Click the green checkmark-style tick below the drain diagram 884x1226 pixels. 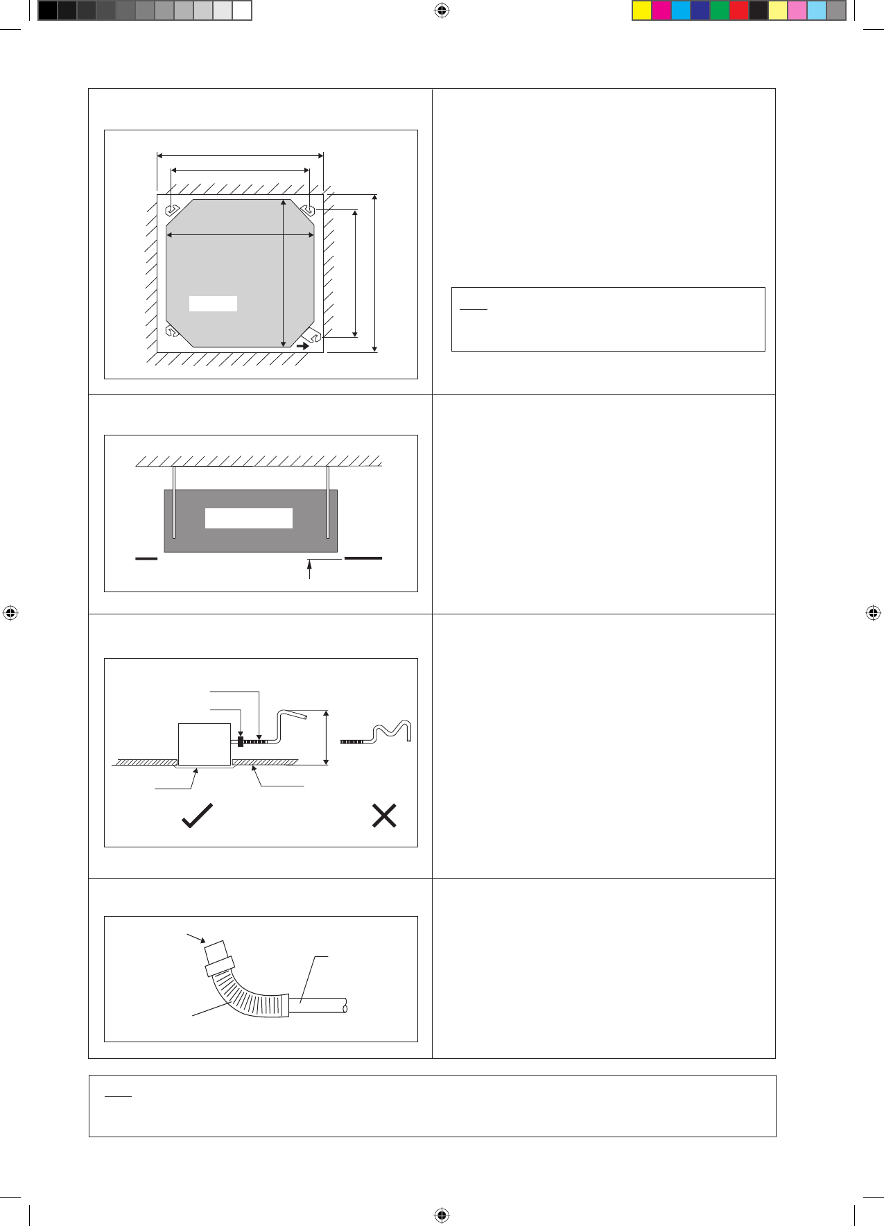[197, 815]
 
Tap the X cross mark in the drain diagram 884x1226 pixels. [384, 816]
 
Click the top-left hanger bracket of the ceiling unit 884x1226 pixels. [171, 209]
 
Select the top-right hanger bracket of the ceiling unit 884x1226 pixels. [309, 209]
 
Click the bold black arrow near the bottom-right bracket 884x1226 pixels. [302, 345]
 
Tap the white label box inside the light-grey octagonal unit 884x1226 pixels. [213, 304]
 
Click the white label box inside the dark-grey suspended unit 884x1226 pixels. [248, 518]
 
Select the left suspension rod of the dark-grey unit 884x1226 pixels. [175, 503]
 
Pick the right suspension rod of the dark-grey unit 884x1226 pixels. [328, 503]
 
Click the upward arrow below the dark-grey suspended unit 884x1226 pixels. [309, 569]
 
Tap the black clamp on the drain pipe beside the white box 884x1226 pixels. [241, 742]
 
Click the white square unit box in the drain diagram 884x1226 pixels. [205, 744]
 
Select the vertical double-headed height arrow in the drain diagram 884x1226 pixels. [327, 738]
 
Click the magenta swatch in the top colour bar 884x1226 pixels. [661, 10]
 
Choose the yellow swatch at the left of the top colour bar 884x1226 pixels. [642, 10]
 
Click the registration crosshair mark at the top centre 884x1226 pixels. [442, 10]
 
